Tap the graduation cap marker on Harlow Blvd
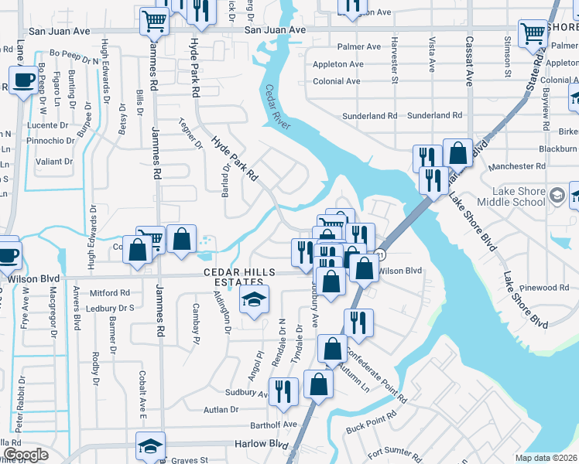150,445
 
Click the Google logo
26,455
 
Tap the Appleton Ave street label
337,64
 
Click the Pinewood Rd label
545,288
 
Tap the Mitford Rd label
110,293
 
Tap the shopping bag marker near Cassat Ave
457,153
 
